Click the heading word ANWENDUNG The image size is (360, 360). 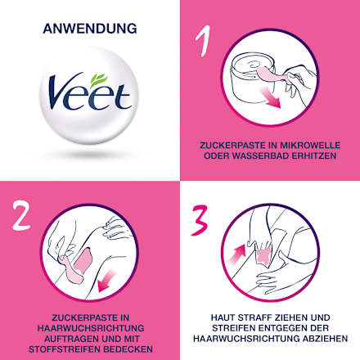tap(90, 29)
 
